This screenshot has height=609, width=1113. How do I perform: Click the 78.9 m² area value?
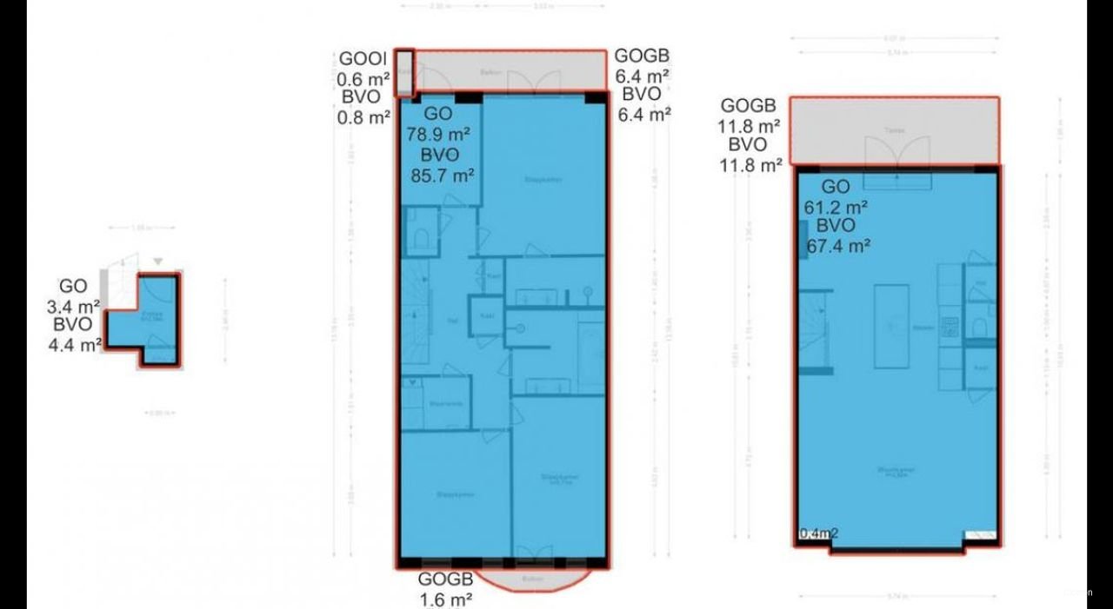[x=438, y=135]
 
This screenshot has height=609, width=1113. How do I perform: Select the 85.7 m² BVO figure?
[x=442, y=175]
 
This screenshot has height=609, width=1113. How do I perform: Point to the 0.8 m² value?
[x=363, y=116]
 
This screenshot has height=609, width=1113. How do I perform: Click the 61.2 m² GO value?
[x=836, y=207]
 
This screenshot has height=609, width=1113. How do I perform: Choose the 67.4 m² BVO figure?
[x=839, y=246]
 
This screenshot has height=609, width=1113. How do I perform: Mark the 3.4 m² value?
[x=74, y=305]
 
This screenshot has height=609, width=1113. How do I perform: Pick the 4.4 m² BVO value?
[x=76, y=343]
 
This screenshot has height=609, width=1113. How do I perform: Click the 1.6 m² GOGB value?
[x=445, y=599]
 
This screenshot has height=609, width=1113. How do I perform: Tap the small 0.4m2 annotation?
[x=818, y=533]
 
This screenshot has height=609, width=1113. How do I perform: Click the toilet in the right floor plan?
[x=980, y=326]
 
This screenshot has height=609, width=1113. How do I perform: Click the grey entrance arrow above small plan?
[x=157, y=261]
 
